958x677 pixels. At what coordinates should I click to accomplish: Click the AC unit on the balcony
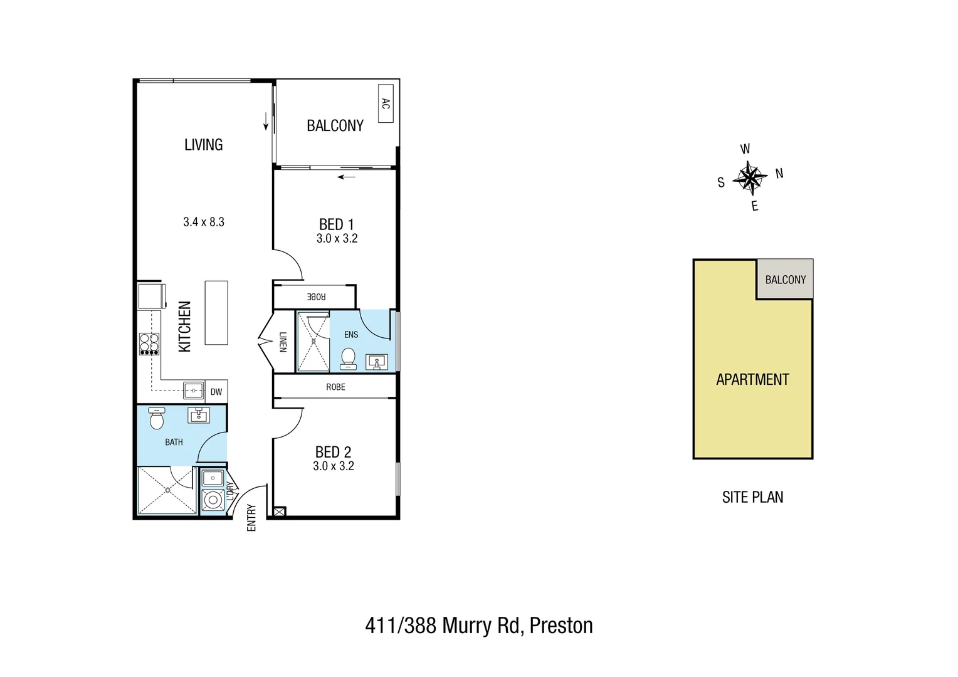[x=386, y=103]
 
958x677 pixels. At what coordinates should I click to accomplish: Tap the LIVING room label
[x=203, y=145]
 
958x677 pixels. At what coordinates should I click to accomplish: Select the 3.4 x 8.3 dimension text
[x=204, y=222]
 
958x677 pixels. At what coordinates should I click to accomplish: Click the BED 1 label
[x=336, y=224]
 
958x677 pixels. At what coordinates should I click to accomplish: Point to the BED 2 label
[x=333, y=452]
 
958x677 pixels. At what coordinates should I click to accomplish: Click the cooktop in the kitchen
[x=149, y=344]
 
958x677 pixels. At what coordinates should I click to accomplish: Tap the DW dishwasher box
[x=216, y=392]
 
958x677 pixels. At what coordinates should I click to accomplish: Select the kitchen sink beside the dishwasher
[x=194, y=391]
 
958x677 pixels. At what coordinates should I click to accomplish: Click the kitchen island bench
[x=216, y=313]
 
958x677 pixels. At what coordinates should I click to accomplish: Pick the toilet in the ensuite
[x=348, y=359]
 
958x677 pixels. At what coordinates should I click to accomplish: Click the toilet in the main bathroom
[x=157, y=418]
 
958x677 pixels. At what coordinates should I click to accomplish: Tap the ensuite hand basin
[x=377, y=362]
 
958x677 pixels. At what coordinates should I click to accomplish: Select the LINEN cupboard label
[x=283, y=342]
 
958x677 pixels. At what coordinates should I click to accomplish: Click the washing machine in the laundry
[x=213, y=500]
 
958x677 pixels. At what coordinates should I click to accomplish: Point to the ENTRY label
[x=252, y=518]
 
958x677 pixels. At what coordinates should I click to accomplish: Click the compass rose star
[x=750, y=177]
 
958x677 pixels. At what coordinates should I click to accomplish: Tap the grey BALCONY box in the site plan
[x=785, y=280]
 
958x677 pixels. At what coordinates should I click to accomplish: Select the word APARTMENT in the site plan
[x=752, y=379]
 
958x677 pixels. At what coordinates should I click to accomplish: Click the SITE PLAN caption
[x=752, y=497]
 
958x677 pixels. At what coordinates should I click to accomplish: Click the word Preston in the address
[x=561, y=626]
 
